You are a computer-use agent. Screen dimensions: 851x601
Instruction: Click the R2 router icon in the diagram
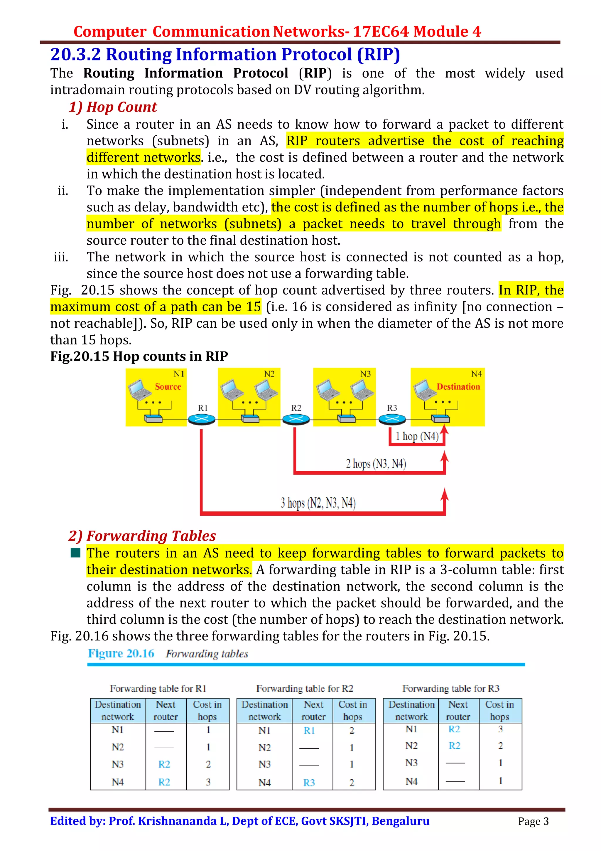coord(296,419)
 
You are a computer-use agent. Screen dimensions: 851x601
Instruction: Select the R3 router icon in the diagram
coord(392,419)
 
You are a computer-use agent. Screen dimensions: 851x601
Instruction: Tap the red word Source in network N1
coord(168,386)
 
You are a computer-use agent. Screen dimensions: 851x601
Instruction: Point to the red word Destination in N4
coord(458,386)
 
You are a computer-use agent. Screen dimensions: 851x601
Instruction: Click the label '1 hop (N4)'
coord(417,436)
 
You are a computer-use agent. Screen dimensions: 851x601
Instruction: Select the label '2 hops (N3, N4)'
coord(376,463)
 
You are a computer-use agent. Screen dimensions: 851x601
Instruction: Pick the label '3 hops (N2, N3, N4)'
coord(318,503)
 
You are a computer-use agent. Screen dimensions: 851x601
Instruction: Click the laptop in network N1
coord(139,389)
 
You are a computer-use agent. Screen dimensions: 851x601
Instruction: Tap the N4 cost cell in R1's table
coord(208,782)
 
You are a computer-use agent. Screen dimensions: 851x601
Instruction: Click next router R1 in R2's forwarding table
coord(309,731)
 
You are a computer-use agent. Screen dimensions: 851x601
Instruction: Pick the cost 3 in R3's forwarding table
coord(500,729)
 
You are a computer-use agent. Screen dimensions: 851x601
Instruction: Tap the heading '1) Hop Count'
coord(113,107)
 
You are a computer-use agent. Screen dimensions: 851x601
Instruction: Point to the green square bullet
coord(75,553)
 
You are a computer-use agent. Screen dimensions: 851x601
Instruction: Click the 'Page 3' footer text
coord(533,822)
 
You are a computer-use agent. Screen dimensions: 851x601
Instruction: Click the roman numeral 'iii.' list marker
coord(61,257)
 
